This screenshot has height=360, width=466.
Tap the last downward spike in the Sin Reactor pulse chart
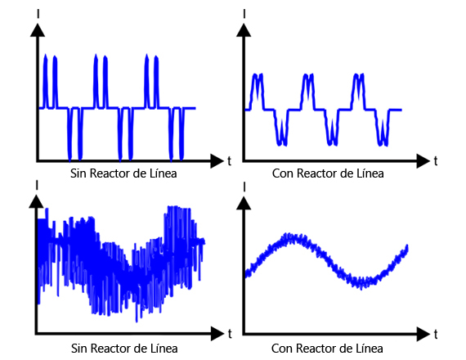(181, 134)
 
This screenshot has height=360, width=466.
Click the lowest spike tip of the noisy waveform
(137, 321)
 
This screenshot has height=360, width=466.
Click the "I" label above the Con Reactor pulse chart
(244, 14)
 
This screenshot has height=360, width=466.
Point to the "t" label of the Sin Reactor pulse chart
(229, 161)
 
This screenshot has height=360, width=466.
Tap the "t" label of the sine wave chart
(436, 335)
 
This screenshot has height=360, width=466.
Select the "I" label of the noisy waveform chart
(37, 185)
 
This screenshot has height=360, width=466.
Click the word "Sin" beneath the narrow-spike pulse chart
(78, 173)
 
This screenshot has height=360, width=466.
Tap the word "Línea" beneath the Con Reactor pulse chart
(370, 173)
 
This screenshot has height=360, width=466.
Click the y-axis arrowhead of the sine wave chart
(244, 204)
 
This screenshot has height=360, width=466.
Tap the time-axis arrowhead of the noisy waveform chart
(217, 334)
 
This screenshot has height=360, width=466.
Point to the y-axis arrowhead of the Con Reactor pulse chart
(244, 30)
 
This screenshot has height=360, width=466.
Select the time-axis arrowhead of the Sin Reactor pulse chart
(217, 161)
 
